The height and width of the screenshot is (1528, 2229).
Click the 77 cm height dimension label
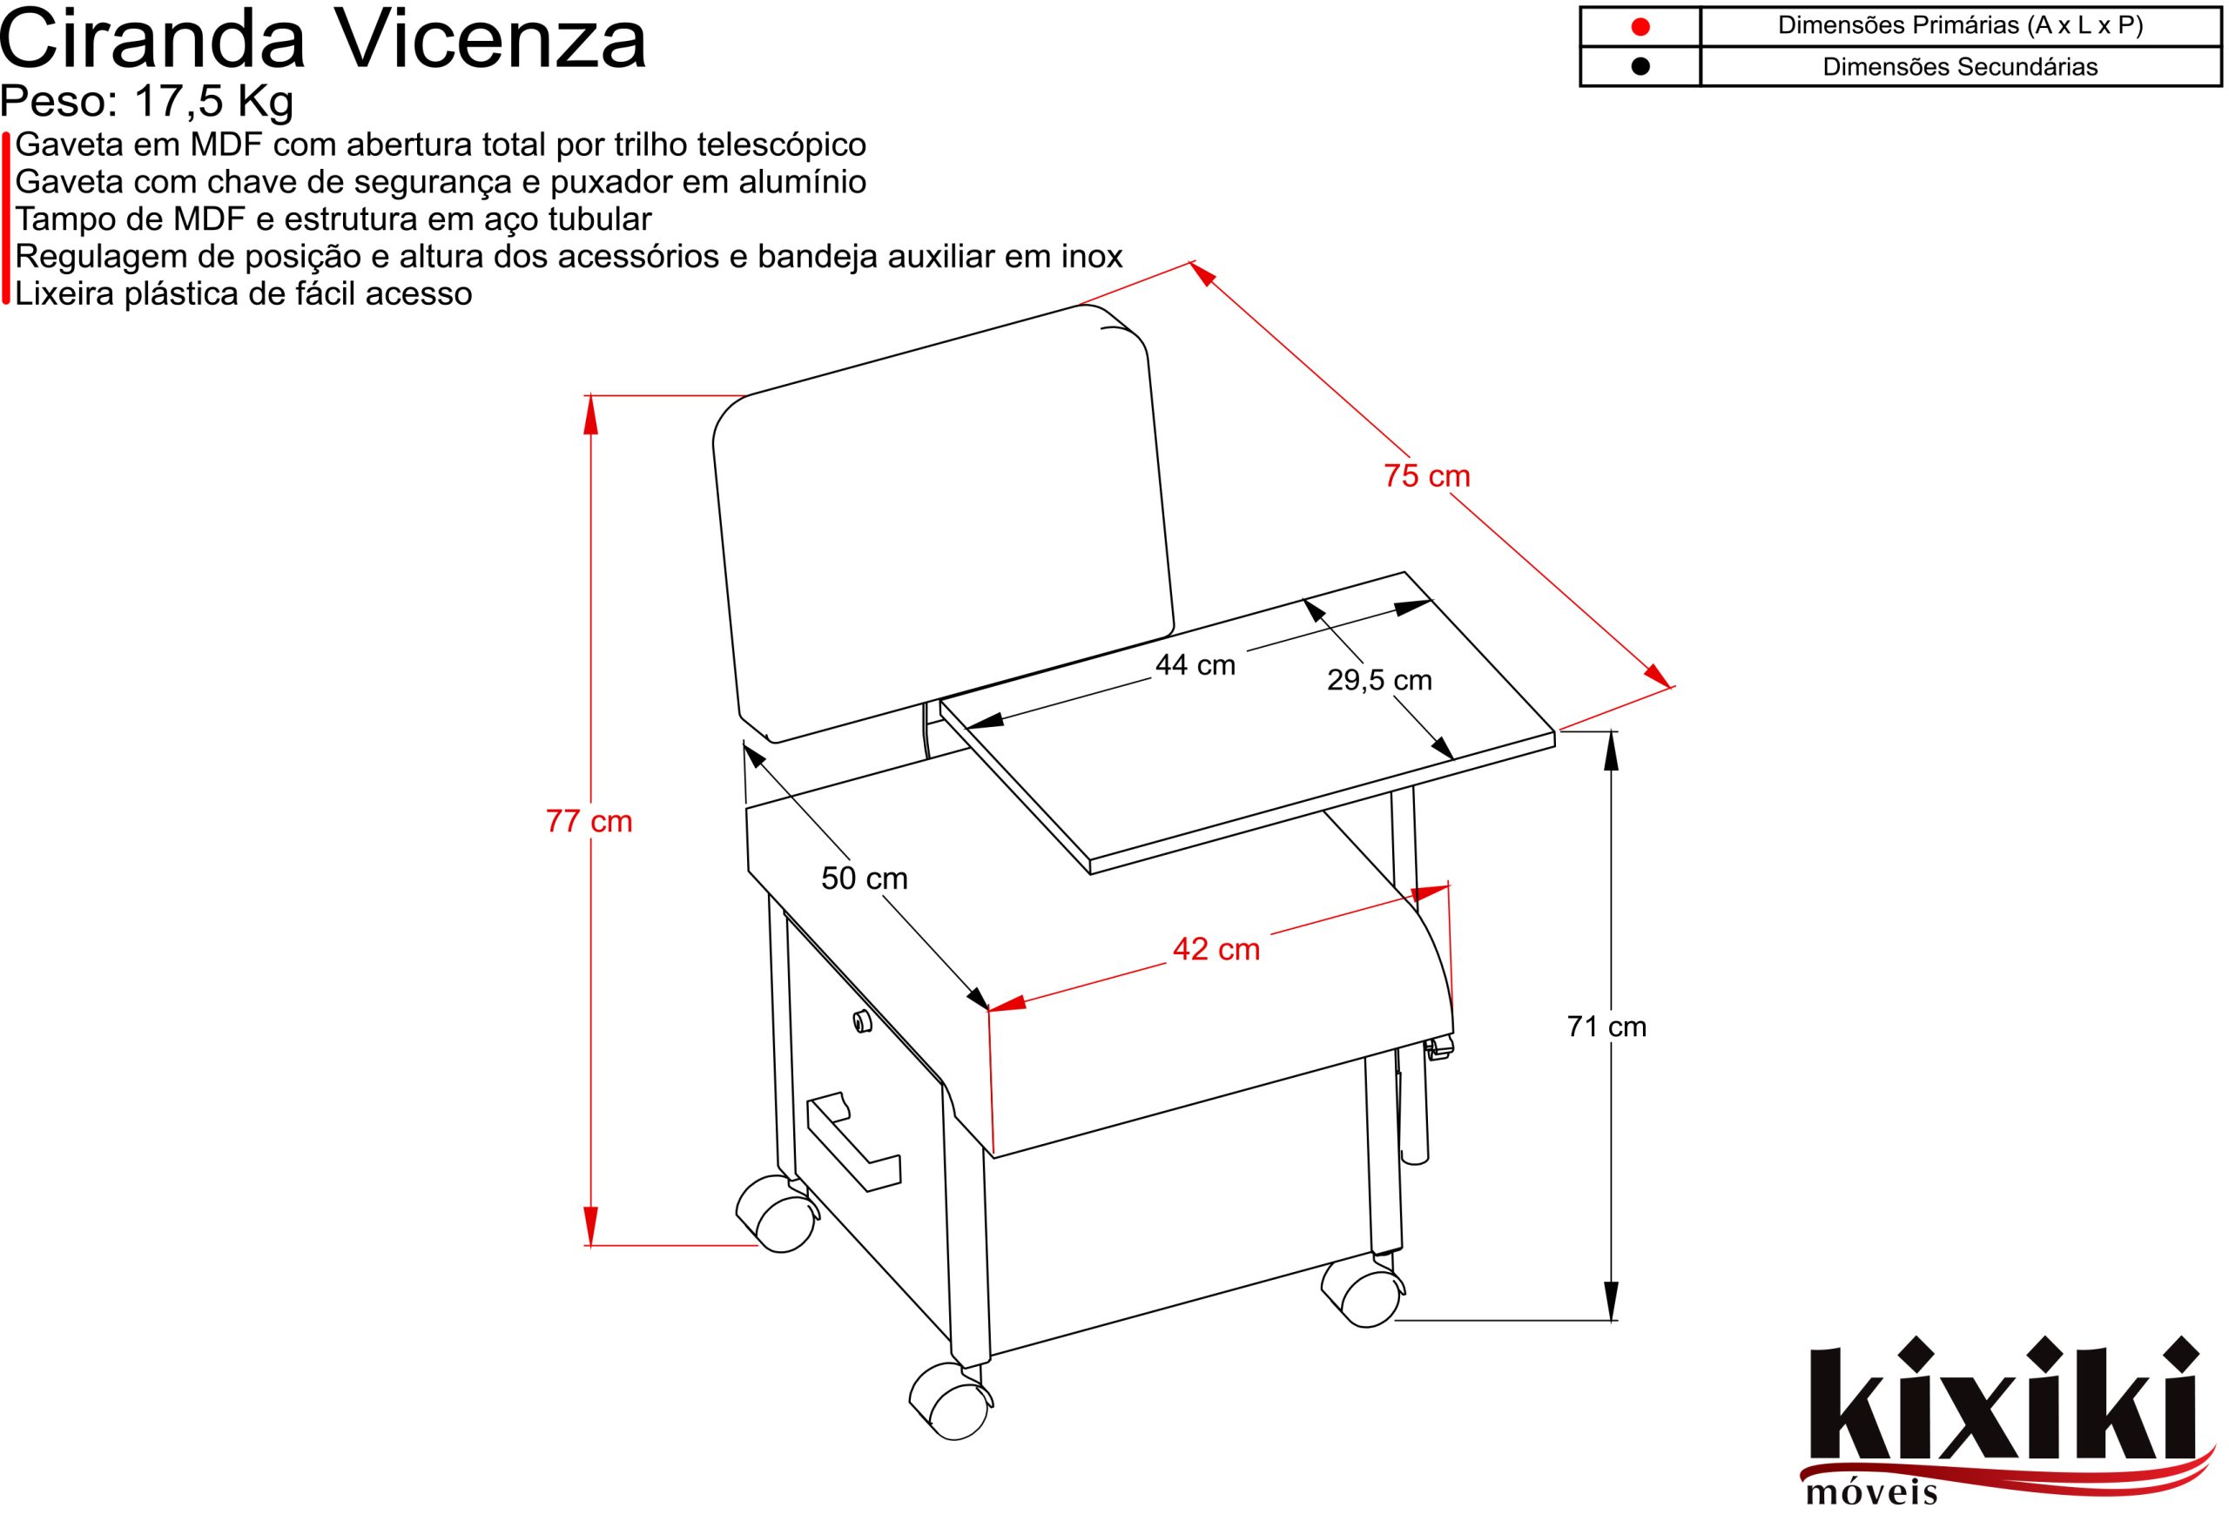589,822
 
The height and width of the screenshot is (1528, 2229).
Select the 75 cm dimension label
1426,475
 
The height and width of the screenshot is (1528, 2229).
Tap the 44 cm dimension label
1195,664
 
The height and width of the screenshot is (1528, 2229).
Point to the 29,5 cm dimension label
1379,680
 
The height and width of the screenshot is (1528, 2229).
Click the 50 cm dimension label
864,878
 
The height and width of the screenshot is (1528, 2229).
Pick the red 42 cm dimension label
1216,950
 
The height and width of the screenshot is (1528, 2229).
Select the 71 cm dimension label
1606,1027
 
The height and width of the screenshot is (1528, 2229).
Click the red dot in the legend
1640,27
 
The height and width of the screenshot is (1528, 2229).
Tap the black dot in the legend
1640,66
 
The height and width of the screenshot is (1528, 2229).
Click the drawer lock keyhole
861,1022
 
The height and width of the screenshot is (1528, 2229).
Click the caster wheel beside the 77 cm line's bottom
777,1213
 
